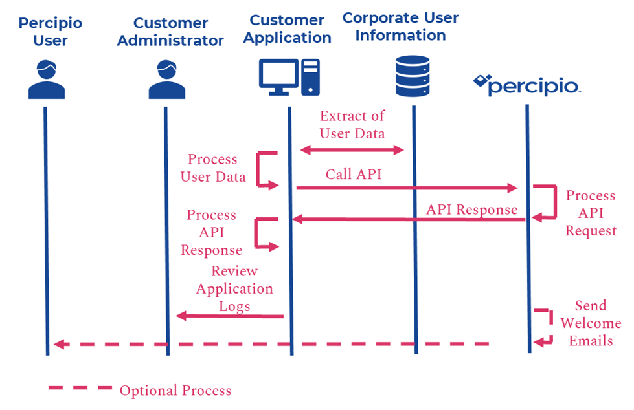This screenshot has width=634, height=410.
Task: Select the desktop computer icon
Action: pyautogui.click(x=289, y=77)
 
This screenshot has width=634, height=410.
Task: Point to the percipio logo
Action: pyautogui.click(x=527, y=85)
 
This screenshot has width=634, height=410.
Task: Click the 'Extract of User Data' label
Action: pyautogui.click(x=352, y=125)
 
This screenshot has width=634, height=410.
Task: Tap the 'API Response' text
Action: pyautogui.click(x=471, y=210)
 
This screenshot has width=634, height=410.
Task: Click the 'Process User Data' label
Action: pyautogui.click(x=213, y=168)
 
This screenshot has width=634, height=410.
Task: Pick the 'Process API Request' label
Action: pyautogui.click(x=591, y=213)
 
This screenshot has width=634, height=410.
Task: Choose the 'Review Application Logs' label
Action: pyautogui.click(x=234, y=288)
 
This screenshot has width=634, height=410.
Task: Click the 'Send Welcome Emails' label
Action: pyautogui.click(x=591, y=323)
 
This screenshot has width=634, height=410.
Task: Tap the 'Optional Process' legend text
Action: pyautogui.click(x=175, y=391)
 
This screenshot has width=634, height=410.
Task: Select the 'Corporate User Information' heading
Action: pyautogui.click(x=400, y=27)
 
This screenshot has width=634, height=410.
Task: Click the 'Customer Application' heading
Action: pyautogui.click(x=288, y=29)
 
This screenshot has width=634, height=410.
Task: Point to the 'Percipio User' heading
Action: pyautogui.click(x=51, y=32)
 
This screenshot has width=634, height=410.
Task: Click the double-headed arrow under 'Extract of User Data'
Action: pyautogui.click(x=352, y=150)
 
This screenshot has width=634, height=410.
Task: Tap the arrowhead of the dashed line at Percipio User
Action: pyautogui.click(x=58, y=344)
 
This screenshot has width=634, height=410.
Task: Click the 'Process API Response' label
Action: pyautogui.click(x=211, y=232)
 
